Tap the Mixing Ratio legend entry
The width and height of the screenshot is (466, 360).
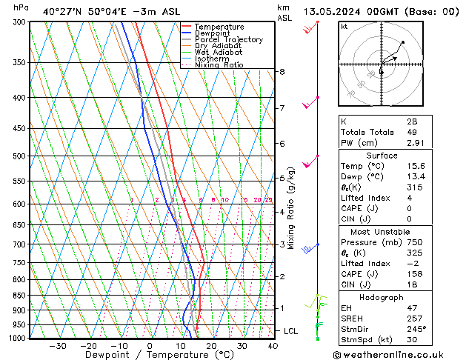click(x=219, y=65)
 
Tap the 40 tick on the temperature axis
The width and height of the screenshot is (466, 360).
click(x=273, y=346)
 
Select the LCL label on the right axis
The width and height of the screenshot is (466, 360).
click(x=290, y=330)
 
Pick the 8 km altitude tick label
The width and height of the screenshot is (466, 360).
click(x=282, y=72)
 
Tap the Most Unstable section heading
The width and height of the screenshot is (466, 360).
click(x=382, y=232)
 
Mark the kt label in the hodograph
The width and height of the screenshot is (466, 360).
click(x=344, y=27)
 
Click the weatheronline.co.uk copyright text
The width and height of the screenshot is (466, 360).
click(x=399, y=354)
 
